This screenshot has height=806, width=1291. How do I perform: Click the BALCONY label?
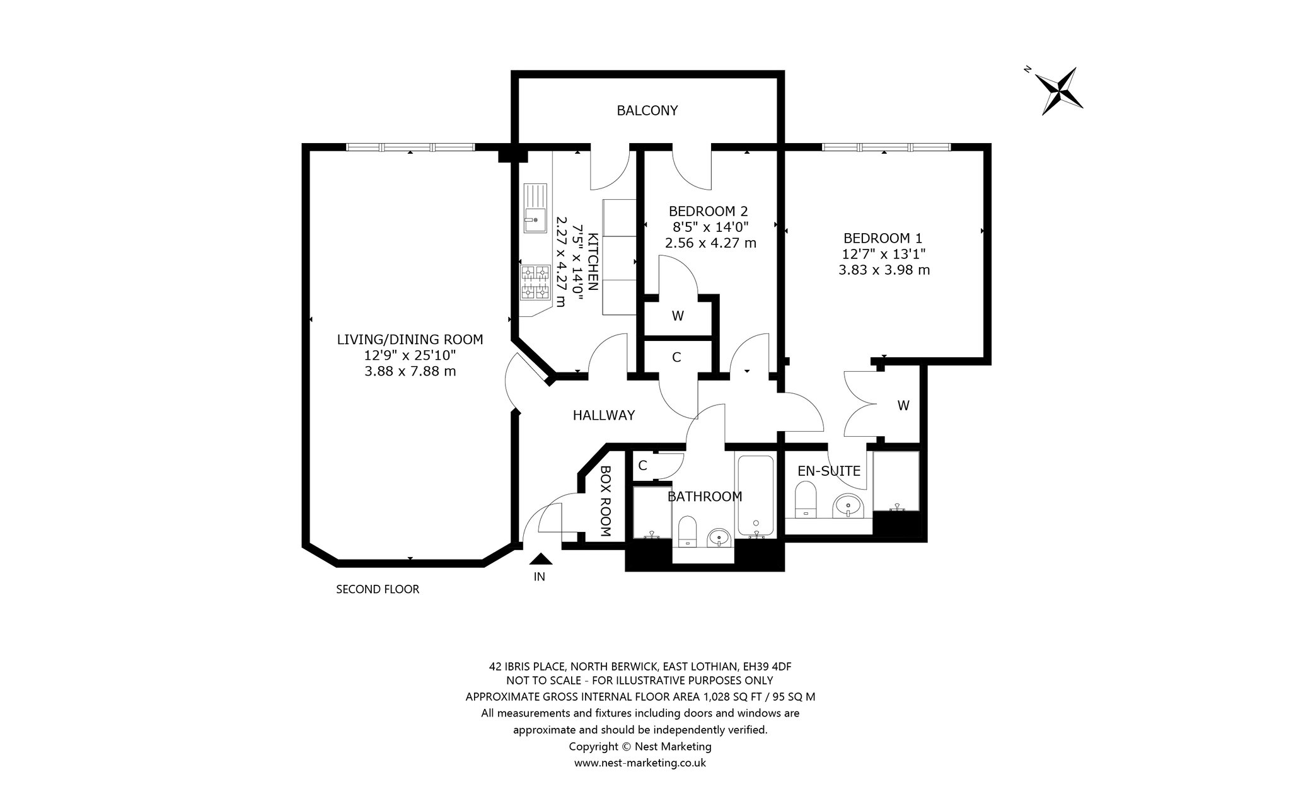[647, 111]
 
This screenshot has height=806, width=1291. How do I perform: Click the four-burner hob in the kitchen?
[535, 282]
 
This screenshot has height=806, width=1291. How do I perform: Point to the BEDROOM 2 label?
[708, 211]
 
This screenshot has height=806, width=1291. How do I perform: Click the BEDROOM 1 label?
[883, 238]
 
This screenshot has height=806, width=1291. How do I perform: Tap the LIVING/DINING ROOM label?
[410, 340]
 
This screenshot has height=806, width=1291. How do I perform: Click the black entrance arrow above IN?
[540, 558]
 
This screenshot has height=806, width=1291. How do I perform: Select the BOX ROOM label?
[606, 501]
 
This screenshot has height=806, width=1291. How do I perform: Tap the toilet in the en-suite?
[805, 500]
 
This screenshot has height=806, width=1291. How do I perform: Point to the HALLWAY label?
[603, 415]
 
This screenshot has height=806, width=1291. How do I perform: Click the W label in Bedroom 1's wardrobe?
[903, 406]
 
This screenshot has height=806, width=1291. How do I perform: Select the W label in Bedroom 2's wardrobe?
[678, 316]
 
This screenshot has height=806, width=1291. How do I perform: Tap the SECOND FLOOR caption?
[378, 590]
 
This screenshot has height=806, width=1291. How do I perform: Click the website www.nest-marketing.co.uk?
[640, 763]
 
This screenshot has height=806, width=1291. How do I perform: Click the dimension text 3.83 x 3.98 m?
[884, 270]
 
